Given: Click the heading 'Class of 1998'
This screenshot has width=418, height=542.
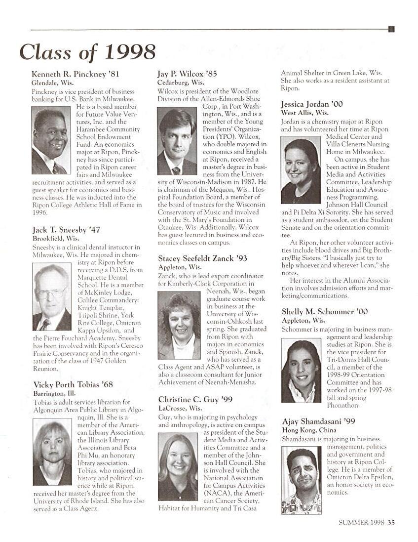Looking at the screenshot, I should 87,51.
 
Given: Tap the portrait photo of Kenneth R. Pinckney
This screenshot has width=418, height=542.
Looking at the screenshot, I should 51,140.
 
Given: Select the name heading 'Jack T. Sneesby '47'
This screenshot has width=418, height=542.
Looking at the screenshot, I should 66,229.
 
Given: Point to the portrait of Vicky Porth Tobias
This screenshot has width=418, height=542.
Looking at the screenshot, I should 52,452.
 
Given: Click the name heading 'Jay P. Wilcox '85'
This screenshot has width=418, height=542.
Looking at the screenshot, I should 187,74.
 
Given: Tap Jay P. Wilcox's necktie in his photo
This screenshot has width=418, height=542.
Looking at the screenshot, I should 176,170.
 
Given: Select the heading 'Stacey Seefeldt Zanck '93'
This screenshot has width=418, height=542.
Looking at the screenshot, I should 203,258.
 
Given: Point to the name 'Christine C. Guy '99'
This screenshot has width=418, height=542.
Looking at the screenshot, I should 195,399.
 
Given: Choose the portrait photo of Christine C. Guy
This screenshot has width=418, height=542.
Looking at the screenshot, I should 178,466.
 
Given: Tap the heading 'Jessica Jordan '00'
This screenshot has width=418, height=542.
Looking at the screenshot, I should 312,104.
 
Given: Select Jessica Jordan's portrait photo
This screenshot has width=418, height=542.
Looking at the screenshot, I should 301,170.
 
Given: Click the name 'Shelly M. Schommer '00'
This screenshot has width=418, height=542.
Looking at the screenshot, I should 325,312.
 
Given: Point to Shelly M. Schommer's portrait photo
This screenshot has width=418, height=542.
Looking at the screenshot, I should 301,370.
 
